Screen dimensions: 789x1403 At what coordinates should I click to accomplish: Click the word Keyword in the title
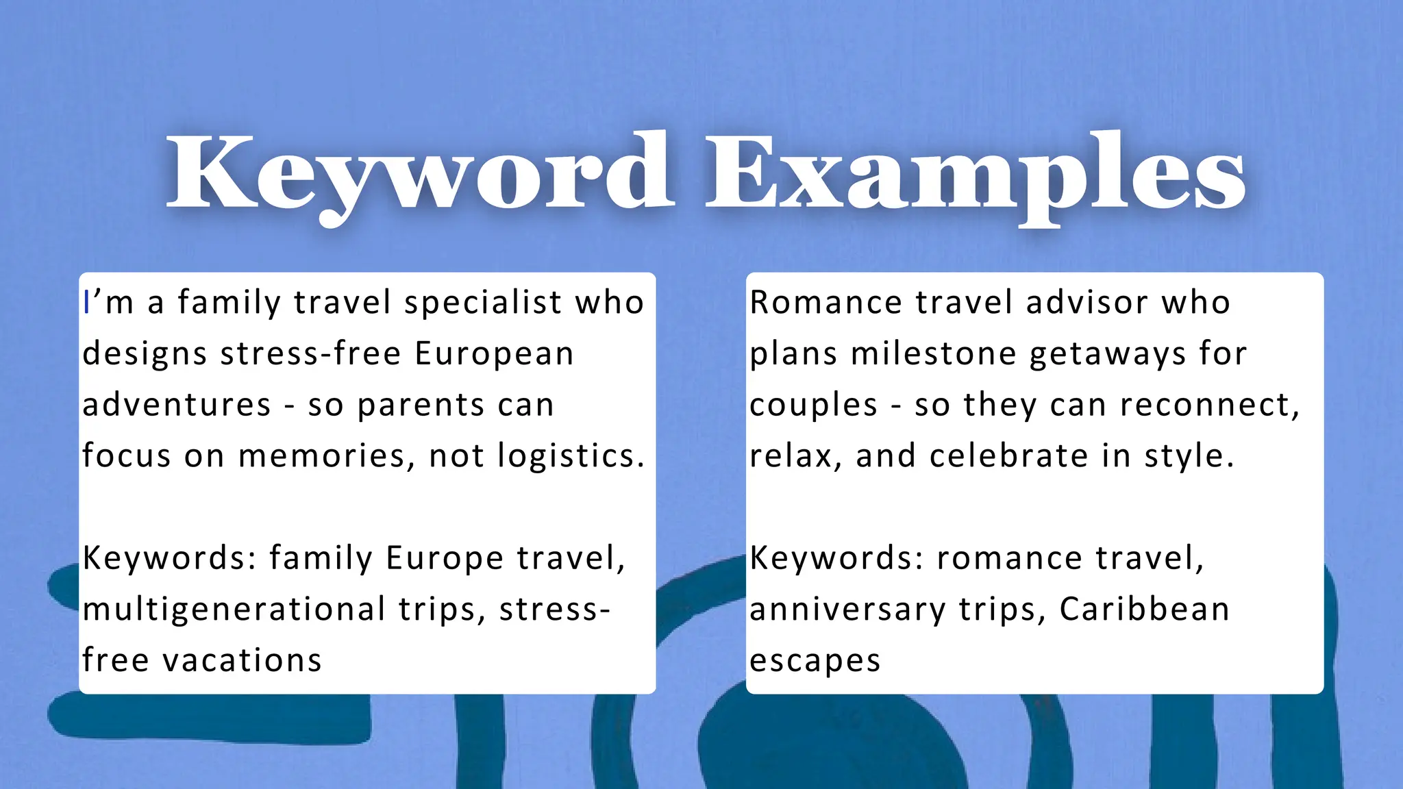pos(419,173)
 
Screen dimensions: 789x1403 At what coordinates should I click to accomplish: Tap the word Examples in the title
pos(976,173)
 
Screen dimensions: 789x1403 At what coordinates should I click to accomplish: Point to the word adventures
pos(177,405)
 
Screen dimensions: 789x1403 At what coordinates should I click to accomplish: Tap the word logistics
pos(571,456)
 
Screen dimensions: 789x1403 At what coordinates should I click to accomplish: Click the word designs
pos(145,354)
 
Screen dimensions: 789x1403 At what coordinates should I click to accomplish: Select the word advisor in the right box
pos(1087,303)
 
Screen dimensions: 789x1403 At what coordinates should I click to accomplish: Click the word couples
pos(813,405)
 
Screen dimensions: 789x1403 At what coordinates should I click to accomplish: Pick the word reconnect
pos(1209,405)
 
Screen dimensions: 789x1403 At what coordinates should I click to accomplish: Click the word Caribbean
pos(1144,610)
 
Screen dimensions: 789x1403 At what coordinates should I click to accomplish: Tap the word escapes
pos(815,661)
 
